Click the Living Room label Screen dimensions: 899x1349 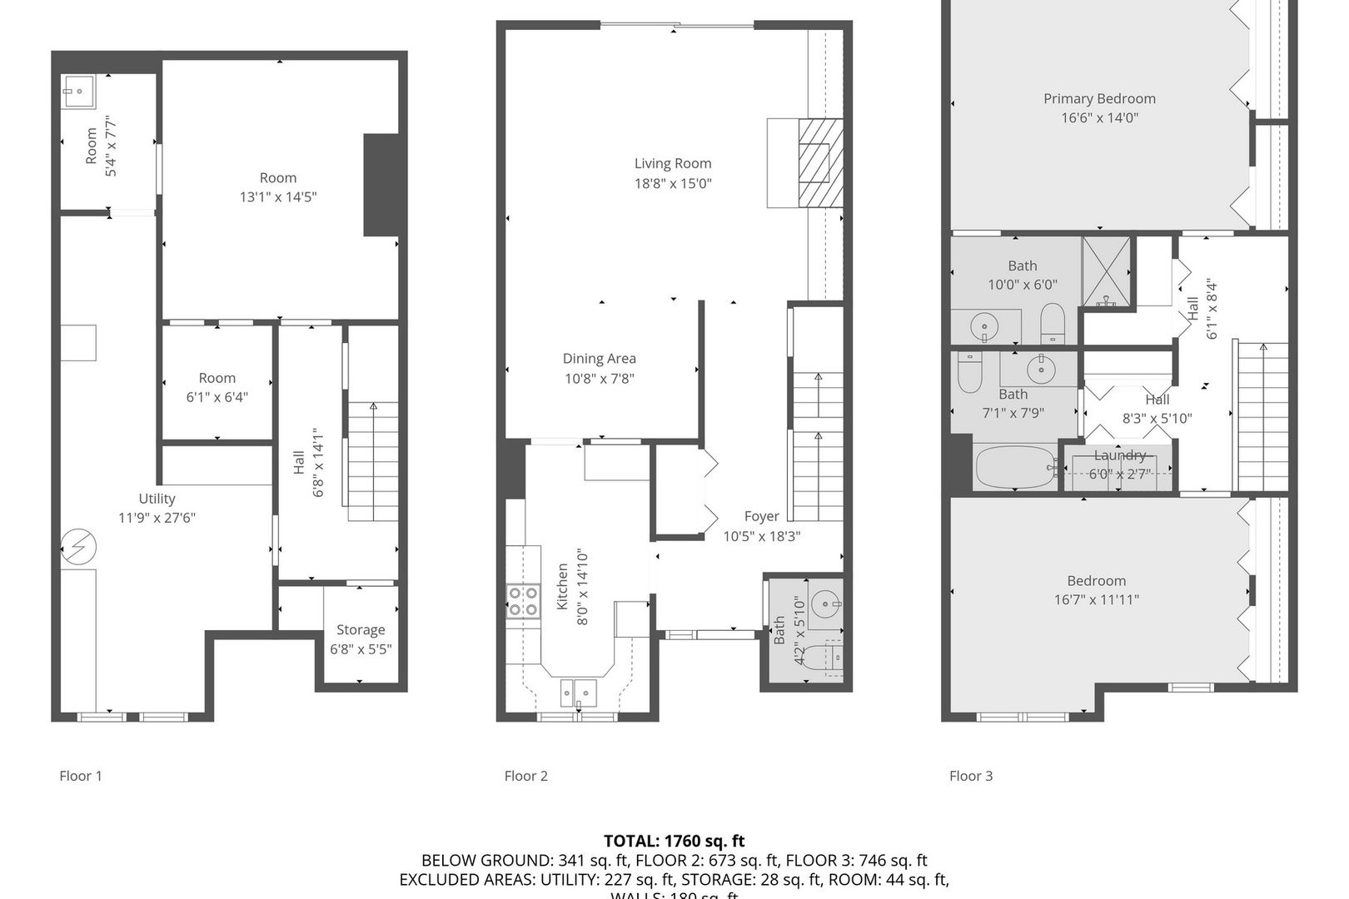[673, 164]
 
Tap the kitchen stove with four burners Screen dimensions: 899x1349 [523, 601]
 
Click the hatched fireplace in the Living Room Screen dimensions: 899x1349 [820, 161]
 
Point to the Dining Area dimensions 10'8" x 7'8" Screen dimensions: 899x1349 [600, 379]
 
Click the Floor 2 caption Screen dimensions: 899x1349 [525, 776]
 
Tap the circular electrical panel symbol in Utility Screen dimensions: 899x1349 [79, 547]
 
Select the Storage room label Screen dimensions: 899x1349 [361, 630]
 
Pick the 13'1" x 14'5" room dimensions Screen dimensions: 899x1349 [278, 197]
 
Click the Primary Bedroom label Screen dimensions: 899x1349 [1099, 98]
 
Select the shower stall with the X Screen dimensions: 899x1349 [1107, 271]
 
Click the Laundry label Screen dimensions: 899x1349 [1120, 455]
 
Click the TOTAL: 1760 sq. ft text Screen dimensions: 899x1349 [674, 841]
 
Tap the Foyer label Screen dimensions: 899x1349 [762, 517]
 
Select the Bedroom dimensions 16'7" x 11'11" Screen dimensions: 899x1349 [1097, 599]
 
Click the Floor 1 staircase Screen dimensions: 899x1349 [372, 462]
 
